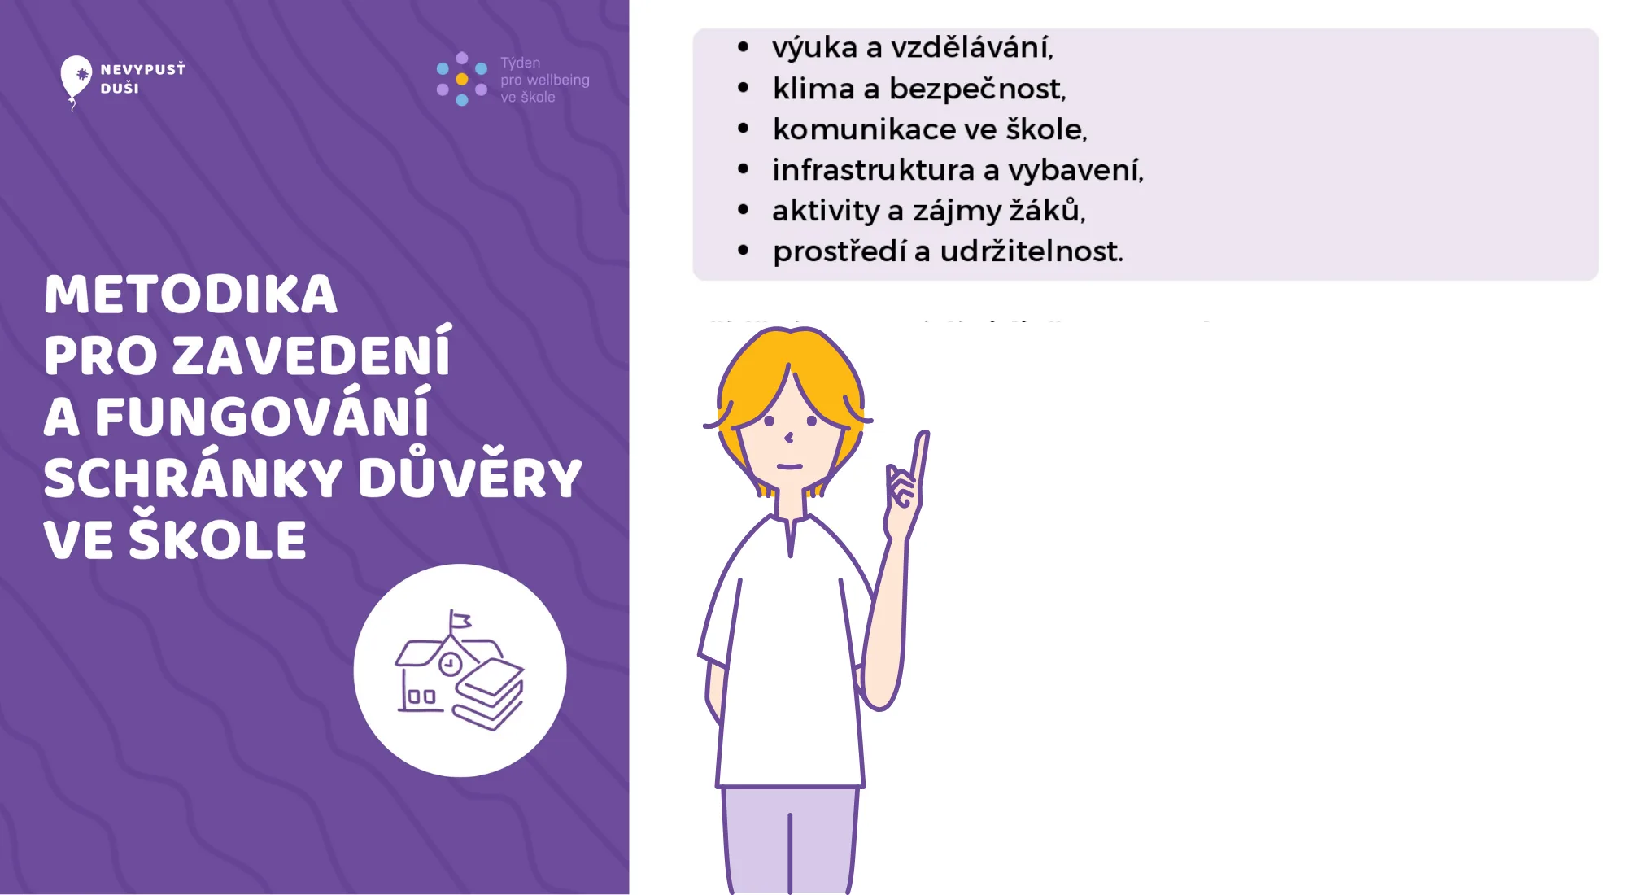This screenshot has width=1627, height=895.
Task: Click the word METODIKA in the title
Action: pyautogui.click(x=190, y=294)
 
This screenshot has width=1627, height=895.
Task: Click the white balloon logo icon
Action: pyautogui.click(x=76, y=78)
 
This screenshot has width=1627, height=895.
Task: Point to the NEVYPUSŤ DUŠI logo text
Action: pyautogui.click(x=142, y=78)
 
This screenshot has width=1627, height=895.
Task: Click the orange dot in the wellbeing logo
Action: pyautogui.click(x=462, y=80)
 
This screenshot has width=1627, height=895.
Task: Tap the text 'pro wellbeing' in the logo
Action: pyautogui.click(x=544, y=80)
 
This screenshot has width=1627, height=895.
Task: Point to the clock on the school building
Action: pyautogui.click(x=450, y=664)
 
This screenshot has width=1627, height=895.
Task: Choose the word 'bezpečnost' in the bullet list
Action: pyautogui.click(x=976, y=89)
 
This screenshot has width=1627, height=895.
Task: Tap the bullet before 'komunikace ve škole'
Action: pyautogui.click(x=743, y=129)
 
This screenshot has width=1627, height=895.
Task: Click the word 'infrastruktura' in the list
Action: pyautogui.click(x=873, y=170)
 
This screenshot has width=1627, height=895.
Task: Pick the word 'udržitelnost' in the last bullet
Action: pyautogui.click(x=1031, y=251)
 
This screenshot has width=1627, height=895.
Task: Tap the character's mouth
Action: pyautogui.click(x=789, y=466)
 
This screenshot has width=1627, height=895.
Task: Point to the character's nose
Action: pyautogui.click(x=788, y=438)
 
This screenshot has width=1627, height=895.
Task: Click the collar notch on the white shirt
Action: pyautogui.click(x=790, y=537)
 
